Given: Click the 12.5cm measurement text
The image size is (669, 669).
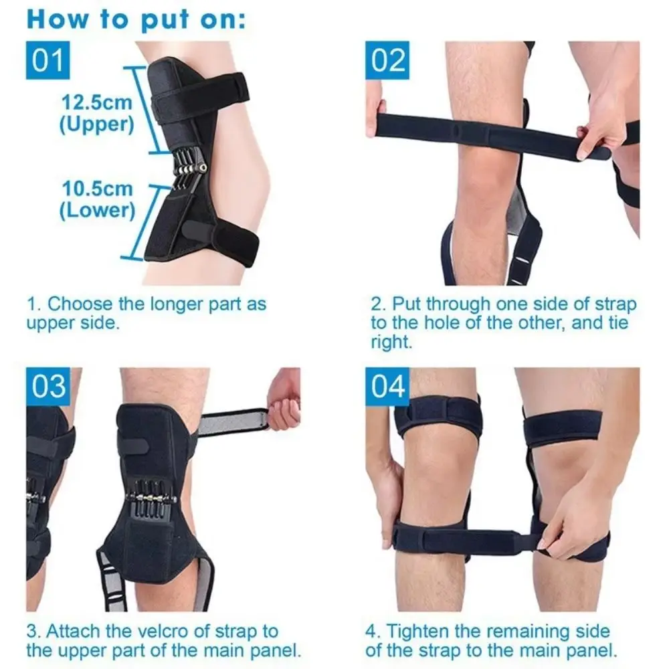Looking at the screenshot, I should coord(97,103).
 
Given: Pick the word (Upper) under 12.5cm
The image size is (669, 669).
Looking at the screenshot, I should coord(97,124).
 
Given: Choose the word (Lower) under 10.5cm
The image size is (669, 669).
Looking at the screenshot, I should coord(97,210).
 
